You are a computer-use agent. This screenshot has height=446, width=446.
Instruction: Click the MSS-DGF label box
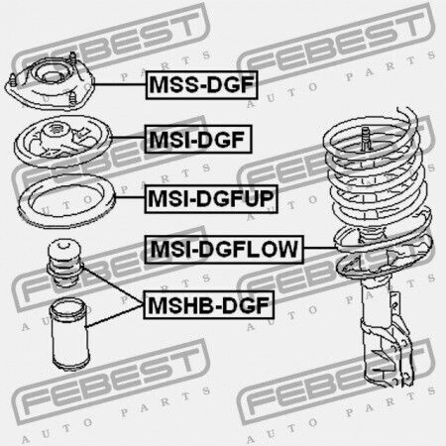pos(201,85)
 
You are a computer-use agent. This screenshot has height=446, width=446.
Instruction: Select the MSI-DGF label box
pos(198,139)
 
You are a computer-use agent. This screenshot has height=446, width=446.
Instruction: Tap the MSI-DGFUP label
pos(211,199)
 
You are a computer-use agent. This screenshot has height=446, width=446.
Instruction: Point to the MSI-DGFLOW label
pos(224,249)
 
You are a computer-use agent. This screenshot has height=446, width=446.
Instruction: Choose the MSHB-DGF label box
pos(209,304)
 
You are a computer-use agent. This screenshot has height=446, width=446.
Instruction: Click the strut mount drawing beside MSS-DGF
pos(50,81)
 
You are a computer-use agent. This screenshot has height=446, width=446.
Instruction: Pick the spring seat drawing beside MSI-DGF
pos(62,141)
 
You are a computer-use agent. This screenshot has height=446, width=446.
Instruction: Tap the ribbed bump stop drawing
pos(64,263)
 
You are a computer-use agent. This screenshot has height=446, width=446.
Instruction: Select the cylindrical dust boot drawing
pos(69,334)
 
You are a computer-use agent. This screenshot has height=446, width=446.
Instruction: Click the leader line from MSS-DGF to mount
pos(120,84)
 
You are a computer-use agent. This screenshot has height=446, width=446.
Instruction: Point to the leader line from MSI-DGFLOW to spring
pos(320,248)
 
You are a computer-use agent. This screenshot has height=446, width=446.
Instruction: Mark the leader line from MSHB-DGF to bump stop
pos(113,285)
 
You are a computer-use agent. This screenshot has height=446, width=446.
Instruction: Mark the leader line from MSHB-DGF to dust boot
pos(114,316)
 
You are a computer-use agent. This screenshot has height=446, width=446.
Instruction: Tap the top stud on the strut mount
pos(72,58)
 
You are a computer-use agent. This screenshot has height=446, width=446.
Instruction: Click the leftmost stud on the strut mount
pos(13,80)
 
